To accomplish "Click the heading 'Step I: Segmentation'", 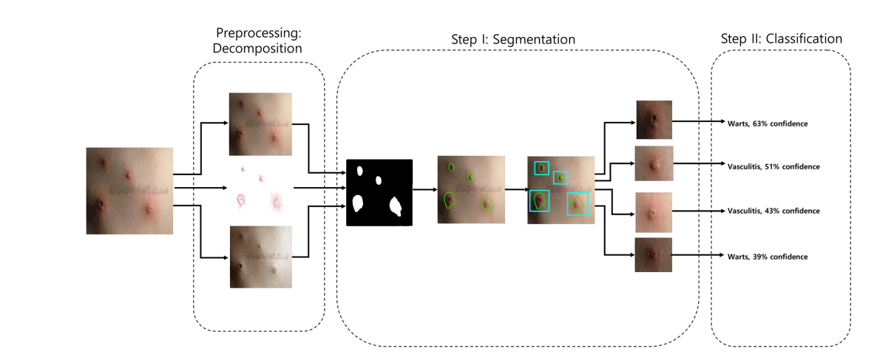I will point(513,38).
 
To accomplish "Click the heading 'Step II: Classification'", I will point(781,38).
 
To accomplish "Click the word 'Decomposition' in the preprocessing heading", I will point(258,49).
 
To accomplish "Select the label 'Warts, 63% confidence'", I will point(768,123).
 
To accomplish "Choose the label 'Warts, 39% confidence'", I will point(768,256).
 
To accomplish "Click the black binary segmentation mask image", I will point(379,192).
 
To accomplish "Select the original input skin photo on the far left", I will point(129,191).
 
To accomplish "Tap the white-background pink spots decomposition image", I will point(260,189).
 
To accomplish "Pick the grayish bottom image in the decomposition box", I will point(260,257).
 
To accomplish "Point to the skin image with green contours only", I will point(470,189).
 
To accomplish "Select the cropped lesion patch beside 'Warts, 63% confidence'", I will point(654,120).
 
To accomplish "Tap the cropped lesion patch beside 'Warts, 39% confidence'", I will point(653,254).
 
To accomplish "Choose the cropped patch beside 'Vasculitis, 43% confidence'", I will point(653,212).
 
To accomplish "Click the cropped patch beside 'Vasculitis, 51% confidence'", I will point(654,163).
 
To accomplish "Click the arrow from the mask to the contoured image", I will point(424,189).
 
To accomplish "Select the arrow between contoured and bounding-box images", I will point(516,189).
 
